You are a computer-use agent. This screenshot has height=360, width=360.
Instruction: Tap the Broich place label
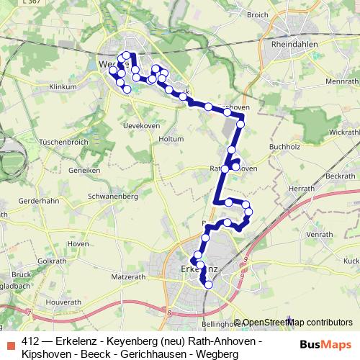pyautogui.click(x=277, y=14)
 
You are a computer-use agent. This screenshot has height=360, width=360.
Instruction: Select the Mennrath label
pyautogui.click(x=341, y=81)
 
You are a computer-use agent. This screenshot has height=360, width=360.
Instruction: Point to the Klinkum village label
pyautogui.click(x=63, y=86)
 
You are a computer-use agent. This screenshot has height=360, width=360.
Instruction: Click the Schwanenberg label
pyautogui.click(x=112, y=196)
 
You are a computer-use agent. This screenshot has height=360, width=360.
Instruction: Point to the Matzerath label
pyautogui.click(x=129, y=276)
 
